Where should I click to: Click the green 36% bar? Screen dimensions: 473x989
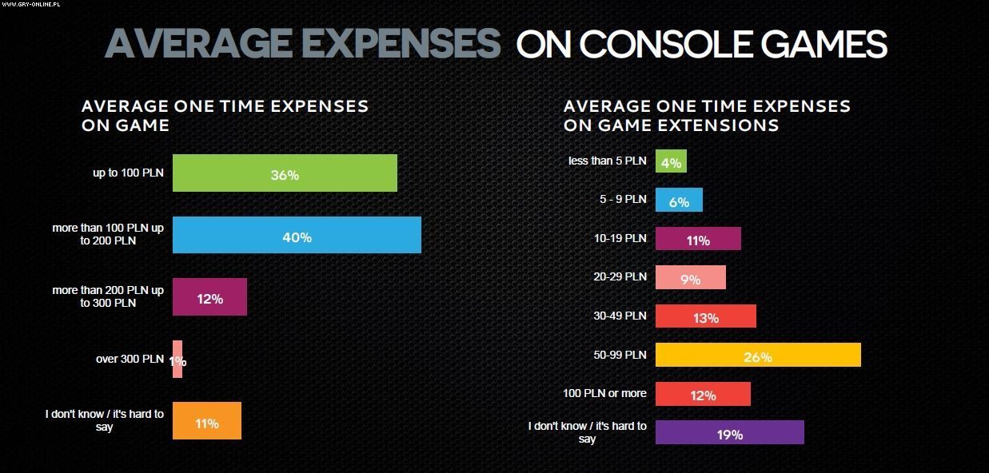click(x=285, y=173)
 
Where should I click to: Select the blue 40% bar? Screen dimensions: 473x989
click(x=297, y=236)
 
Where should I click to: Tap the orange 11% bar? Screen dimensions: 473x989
click(x=206, y=421)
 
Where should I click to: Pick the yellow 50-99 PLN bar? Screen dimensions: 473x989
click(x=757, y=356)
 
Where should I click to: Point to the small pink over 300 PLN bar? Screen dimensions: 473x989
click(x=177, y=360)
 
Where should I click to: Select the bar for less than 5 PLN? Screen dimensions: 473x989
click(x=671, y=161)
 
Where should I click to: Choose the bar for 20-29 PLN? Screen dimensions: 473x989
click(x=690, y=278)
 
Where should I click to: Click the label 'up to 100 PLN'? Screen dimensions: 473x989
click(x=128, y=172)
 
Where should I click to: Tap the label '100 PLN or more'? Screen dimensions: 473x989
click(x=604, y=392)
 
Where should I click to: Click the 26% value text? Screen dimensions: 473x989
click(x=757, y=357)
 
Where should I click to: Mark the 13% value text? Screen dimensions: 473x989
click(x=705, y=318)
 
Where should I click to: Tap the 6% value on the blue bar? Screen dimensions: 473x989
click(x=679, y=202)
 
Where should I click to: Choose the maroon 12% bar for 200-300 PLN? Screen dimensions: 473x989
click(x=209, y=298)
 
